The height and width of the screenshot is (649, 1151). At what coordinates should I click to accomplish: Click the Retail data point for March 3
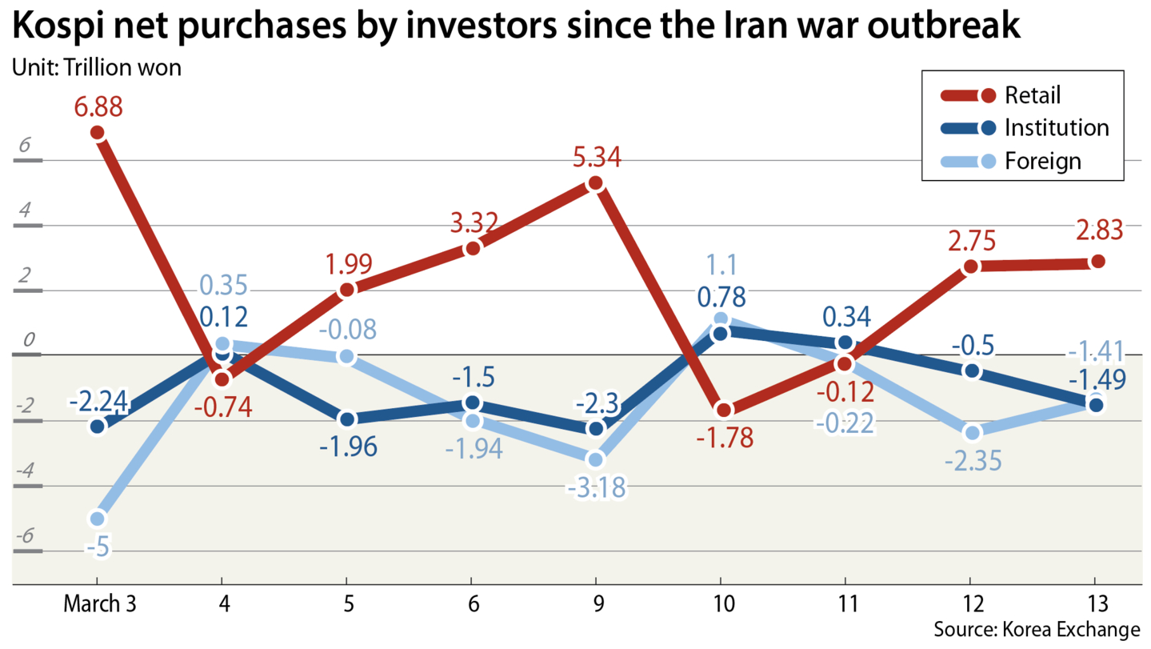98,133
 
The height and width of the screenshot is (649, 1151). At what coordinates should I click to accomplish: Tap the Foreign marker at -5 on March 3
98,519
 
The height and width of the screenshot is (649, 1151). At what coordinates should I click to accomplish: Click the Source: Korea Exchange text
1036,629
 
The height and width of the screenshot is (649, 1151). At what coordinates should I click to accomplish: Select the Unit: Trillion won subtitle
97,67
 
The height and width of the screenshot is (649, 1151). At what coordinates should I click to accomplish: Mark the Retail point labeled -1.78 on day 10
722,411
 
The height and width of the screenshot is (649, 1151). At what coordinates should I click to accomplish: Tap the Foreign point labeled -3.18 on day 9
595,459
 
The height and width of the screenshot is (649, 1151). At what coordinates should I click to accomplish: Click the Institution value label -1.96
347,447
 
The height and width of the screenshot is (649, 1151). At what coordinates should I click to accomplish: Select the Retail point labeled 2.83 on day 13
1097,262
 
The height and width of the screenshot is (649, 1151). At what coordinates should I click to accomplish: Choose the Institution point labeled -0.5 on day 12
972,371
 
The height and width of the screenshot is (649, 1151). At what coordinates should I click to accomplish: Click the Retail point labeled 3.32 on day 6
472,248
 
